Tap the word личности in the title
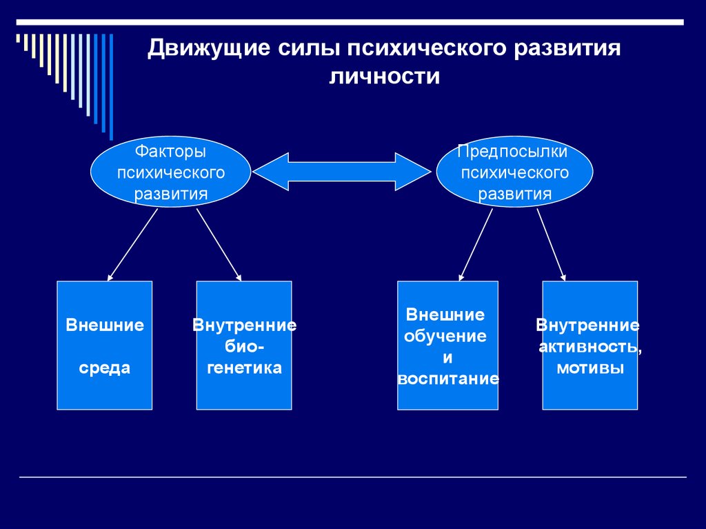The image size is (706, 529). coord(384,76)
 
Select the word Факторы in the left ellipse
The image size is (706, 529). coord(170,152)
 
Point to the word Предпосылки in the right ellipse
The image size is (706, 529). coord(512,152)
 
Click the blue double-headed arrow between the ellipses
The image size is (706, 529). coord(342,171)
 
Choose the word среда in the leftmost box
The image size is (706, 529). coord(105,368)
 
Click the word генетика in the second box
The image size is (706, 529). coord(245,368)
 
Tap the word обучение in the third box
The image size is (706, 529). coord(445,336)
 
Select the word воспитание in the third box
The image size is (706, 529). coord(448,379)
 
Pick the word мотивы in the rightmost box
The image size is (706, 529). coord(590,368)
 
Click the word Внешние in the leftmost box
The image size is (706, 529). coord(105,326)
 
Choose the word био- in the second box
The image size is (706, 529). coord(245,346)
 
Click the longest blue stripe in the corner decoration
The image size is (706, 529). coord(111,87)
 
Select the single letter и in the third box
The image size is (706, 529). coord(447,358)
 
